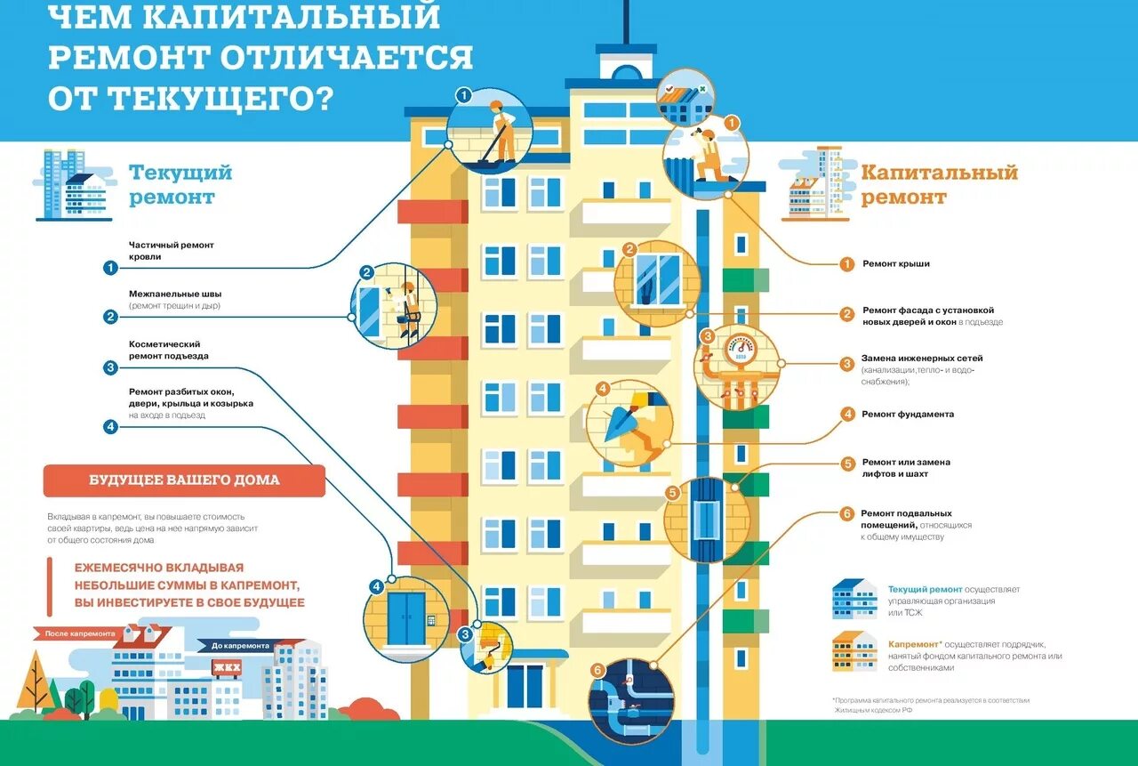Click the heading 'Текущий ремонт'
pyautogui.click(x=180, y=184)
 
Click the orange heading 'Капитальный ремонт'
pyautogui.click(x=939, y=184)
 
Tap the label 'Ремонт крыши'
pyautogui.click(x=895, y=264)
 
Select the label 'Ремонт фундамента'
pyautogui.click(x=907, y=415)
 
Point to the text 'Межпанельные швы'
pyautogui.click(x=175, y=294)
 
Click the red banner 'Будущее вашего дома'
pyautogui.click(x=184, y=480)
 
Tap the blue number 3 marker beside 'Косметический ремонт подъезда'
pyautogui.click(x=110, y=367)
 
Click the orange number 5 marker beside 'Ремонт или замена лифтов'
pyautogui.click(x=847, y=464)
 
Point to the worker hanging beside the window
pyautogui.click(x=408, y=305)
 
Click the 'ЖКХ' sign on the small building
pyautogui.click(x=226, y=668)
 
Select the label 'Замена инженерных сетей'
pyautogui.click(x=921, y=359)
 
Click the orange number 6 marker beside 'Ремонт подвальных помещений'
pyautogui.click(x=847, y=513)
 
